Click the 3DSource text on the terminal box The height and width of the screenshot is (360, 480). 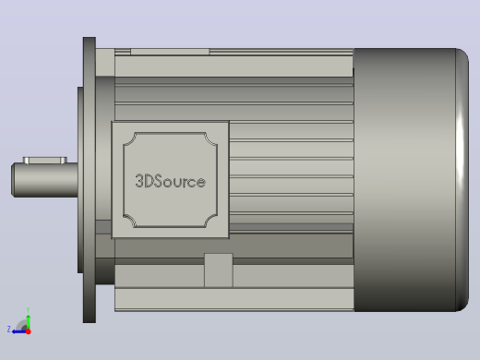click(170, 181)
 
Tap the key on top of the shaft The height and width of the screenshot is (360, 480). click(45, 161)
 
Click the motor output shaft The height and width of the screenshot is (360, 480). click(44, 180)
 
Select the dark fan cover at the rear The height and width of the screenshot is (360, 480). click(412, 180)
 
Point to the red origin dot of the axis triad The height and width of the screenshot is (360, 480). click(29, 331)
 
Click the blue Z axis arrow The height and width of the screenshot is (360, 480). click(19, 331)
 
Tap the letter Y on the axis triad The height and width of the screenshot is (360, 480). click(28, 309)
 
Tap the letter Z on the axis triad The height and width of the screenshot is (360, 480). click(8, 329)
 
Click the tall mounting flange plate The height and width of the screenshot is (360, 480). click(90, 180)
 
